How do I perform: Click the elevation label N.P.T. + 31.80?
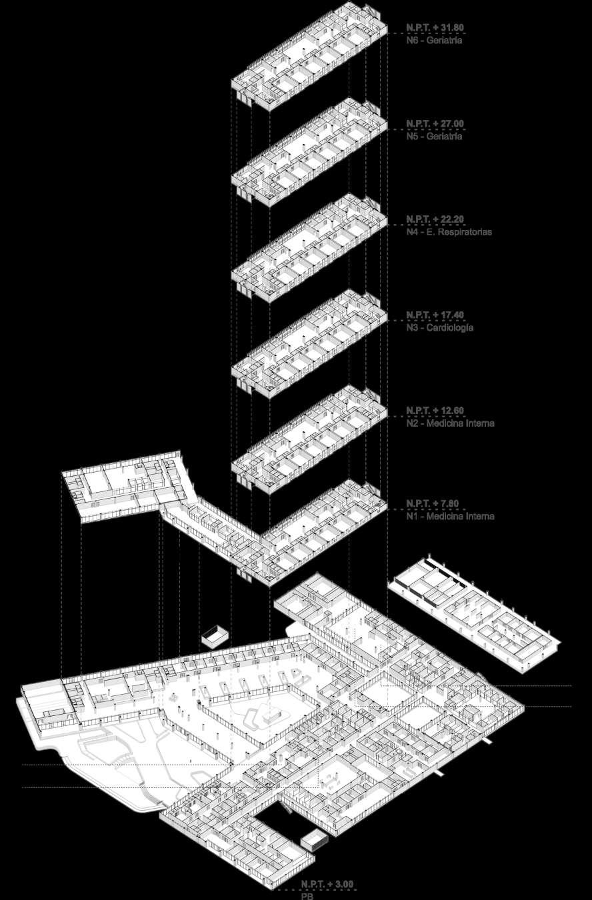pyautogui.click(x=435, y=28)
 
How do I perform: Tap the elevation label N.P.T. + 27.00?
pyautogui.click(x=435, y=124)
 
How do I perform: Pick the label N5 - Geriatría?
pyautogui.click(x=434, y=137)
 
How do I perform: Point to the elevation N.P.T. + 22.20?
pyautogui.click(x=435, y=219)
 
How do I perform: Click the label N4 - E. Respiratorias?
pyautogui.click(x=449, y=233)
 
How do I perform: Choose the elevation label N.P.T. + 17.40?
pyautogui.click(x=435, y=315)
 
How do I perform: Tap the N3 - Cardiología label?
pyautogui.click(x=439, y=328)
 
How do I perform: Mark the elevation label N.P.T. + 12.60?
pyautogui.click(x=435, y=410)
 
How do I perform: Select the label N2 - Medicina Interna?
pyautogui.click(x=450, y=423)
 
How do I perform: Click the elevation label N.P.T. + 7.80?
pyautogui.click(x=432, y=503)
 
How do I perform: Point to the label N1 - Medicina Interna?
pyautogui.click(x=450, y=517)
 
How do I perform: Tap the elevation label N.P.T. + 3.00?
pyautogui.click(x=327, y=884)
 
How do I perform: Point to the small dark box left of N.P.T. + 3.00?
pyautogui.click(x=313, y=841)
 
